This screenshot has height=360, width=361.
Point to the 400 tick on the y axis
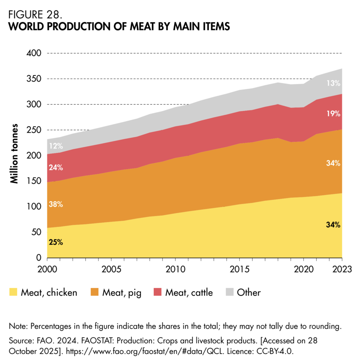pos(34,53)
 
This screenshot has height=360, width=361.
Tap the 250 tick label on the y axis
pos(34,130)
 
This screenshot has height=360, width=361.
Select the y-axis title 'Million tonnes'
pos(14,153)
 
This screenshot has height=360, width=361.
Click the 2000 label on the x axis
pos(47,269)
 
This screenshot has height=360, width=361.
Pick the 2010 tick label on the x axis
pos(175,269)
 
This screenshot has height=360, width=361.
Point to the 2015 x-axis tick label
pos(239,269)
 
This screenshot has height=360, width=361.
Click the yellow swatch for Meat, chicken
pos(13,293)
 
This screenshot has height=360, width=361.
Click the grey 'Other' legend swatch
pos(229,293)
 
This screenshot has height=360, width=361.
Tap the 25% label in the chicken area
pos(56,242)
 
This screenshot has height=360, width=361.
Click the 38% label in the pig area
pos(56,205)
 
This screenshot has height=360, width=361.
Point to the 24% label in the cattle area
pos(56,168)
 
